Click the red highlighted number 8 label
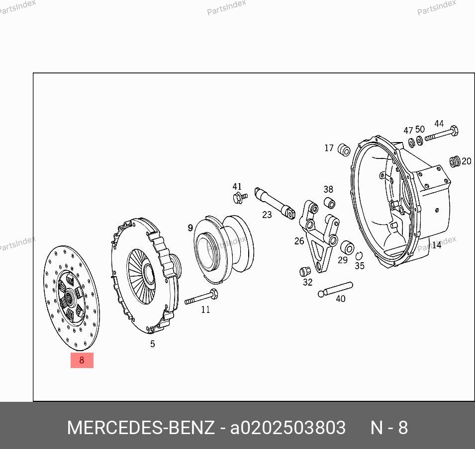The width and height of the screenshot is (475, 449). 82,360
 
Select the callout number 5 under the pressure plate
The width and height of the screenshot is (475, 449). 152,344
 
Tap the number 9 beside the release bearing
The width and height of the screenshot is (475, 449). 190,227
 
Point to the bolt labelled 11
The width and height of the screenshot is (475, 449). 201,297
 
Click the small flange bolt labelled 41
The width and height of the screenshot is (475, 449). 240,198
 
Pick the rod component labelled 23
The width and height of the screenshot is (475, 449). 275,203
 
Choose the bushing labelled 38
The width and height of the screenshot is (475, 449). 330,203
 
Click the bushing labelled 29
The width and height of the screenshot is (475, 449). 347,248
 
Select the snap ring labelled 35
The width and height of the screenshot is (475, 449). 359,256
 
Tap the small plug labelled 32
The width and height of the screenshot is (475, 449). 305,271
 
